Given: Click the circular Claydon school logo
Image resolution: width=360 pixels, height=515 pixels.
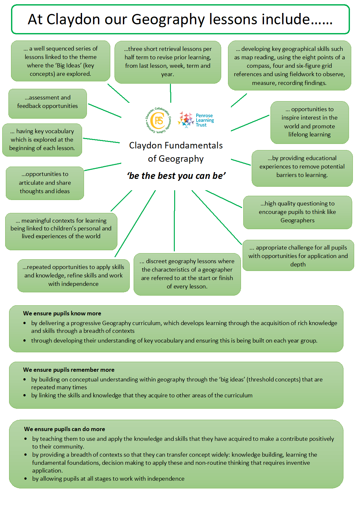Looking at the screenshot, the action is click(x=158, y=120).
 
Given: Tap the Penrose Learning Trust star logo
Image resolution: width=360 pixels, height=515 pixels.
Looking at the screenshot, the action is click(x=186, y=120).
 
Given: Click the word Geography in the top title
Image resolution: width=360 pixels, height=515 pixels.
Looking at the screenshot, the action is click(x=168, y=20).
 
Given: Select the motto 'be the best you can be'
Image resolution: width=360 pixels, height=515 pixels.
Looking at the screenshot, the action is click(x=176, y=176).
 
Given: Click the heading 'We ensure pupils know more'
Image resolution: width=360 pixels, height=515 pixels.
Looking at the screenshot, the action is click(x=62, y=313).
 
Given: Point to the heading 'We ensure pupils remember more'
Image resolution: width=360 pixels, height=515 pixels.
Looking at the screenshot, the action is click(x=68, y=370).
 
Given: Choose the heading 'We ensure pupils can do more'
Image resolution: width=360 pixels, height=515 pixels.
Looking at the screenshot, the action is click(x=65, y=429).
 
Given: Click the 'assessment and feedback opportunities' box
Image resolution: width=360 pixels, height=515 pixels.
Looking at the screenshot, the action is click(x=48, y=104).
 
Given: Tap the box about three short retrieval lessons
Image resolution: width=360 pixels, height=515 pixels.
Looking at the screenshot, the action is click(x=168, y=62).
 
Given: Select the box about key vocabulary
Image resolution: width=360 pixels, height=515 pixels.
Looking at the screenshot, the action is click(x=42, y=140).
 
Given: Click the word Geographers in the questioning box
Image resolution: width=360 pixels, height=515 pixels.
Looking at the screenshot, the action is click(x=297, y=220).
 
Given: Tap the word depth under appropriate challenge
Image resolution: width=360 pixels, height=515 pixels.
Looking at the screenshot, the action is click(x=298, y=264).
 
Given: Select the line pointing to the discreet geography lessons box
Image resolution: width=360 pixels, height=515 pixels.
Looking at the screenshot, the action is click(x=174, y=221).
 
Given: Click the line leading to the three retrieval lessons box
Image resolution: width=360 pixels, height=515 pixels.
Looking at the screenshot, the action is click(x=171, y=93).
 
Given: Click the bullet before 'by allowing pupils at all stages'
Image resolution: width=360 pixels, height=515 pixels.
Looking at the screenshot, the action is click(x=25, y=478).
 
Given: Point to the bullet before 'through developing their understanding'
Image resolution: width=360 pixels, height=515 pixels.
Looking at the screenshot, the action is click(x=24, y=340).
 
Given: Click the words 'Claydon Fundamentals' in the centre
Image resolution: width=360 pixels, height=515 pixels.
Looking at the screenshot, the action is click(x=176, y=146).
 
